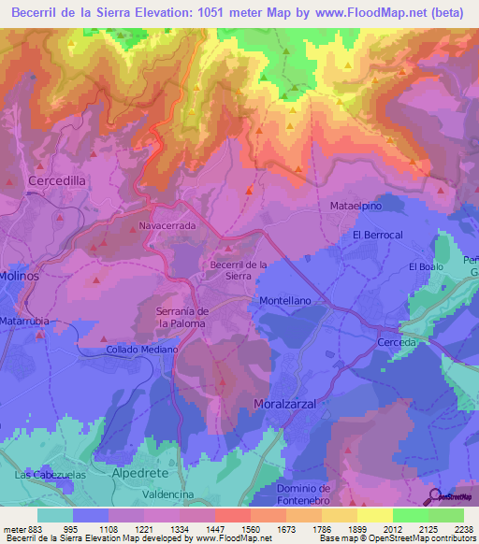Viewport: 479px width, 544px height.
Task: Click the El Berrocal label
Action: [x=377, y=235]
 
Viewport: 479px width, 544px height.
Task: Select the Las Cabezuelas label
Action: [x=45, y=476]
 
